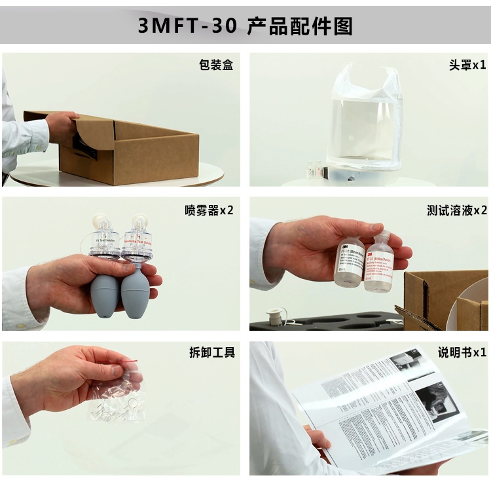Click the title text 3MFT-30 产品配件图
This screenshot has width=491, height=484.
click(245, 26)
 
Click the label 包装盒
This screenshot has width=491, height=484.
click(215, 65)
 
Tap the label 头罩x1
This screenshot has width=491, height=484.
click(467, 65)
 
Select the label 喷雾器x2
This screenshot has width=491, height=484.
click(209, 210)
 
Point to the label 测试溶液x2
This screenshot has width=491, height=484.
click(457, 210)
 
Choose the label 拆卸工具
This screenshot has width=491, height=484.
click(211, 353)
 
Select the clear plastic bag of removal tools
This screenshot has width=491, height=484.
click(118, 400)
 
